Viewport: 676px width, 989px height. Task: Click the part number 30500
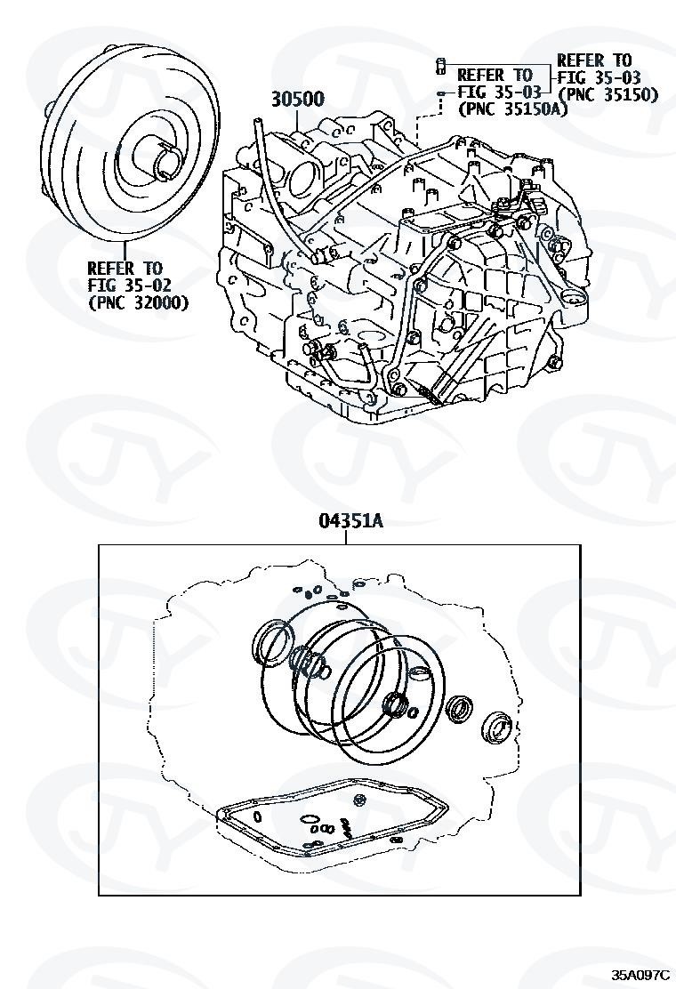(298, 99)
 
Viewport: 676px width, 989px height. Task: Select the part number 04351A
(350, 521)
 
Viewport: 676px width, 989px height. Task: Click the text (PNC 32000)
(138, 303)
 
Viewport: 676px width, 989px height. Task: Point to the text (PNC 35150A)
(512, 109)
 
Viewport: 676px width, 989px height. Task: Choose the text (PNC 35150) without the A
(608, 94)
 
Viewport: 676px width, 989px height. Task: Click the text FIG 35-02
(130, 285)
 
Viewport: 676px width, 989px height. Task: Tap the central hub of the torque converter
(165, 161)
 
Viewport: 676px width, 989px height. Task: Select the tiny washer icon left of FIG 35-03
(442, 92)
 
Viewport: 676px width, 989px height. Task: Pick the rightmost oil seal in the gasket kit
(497, 727)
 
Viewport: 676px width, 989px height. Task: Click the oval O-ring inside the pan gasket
(309, 819)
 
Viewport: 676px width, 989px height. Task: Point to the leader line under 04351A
(346, 537)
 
